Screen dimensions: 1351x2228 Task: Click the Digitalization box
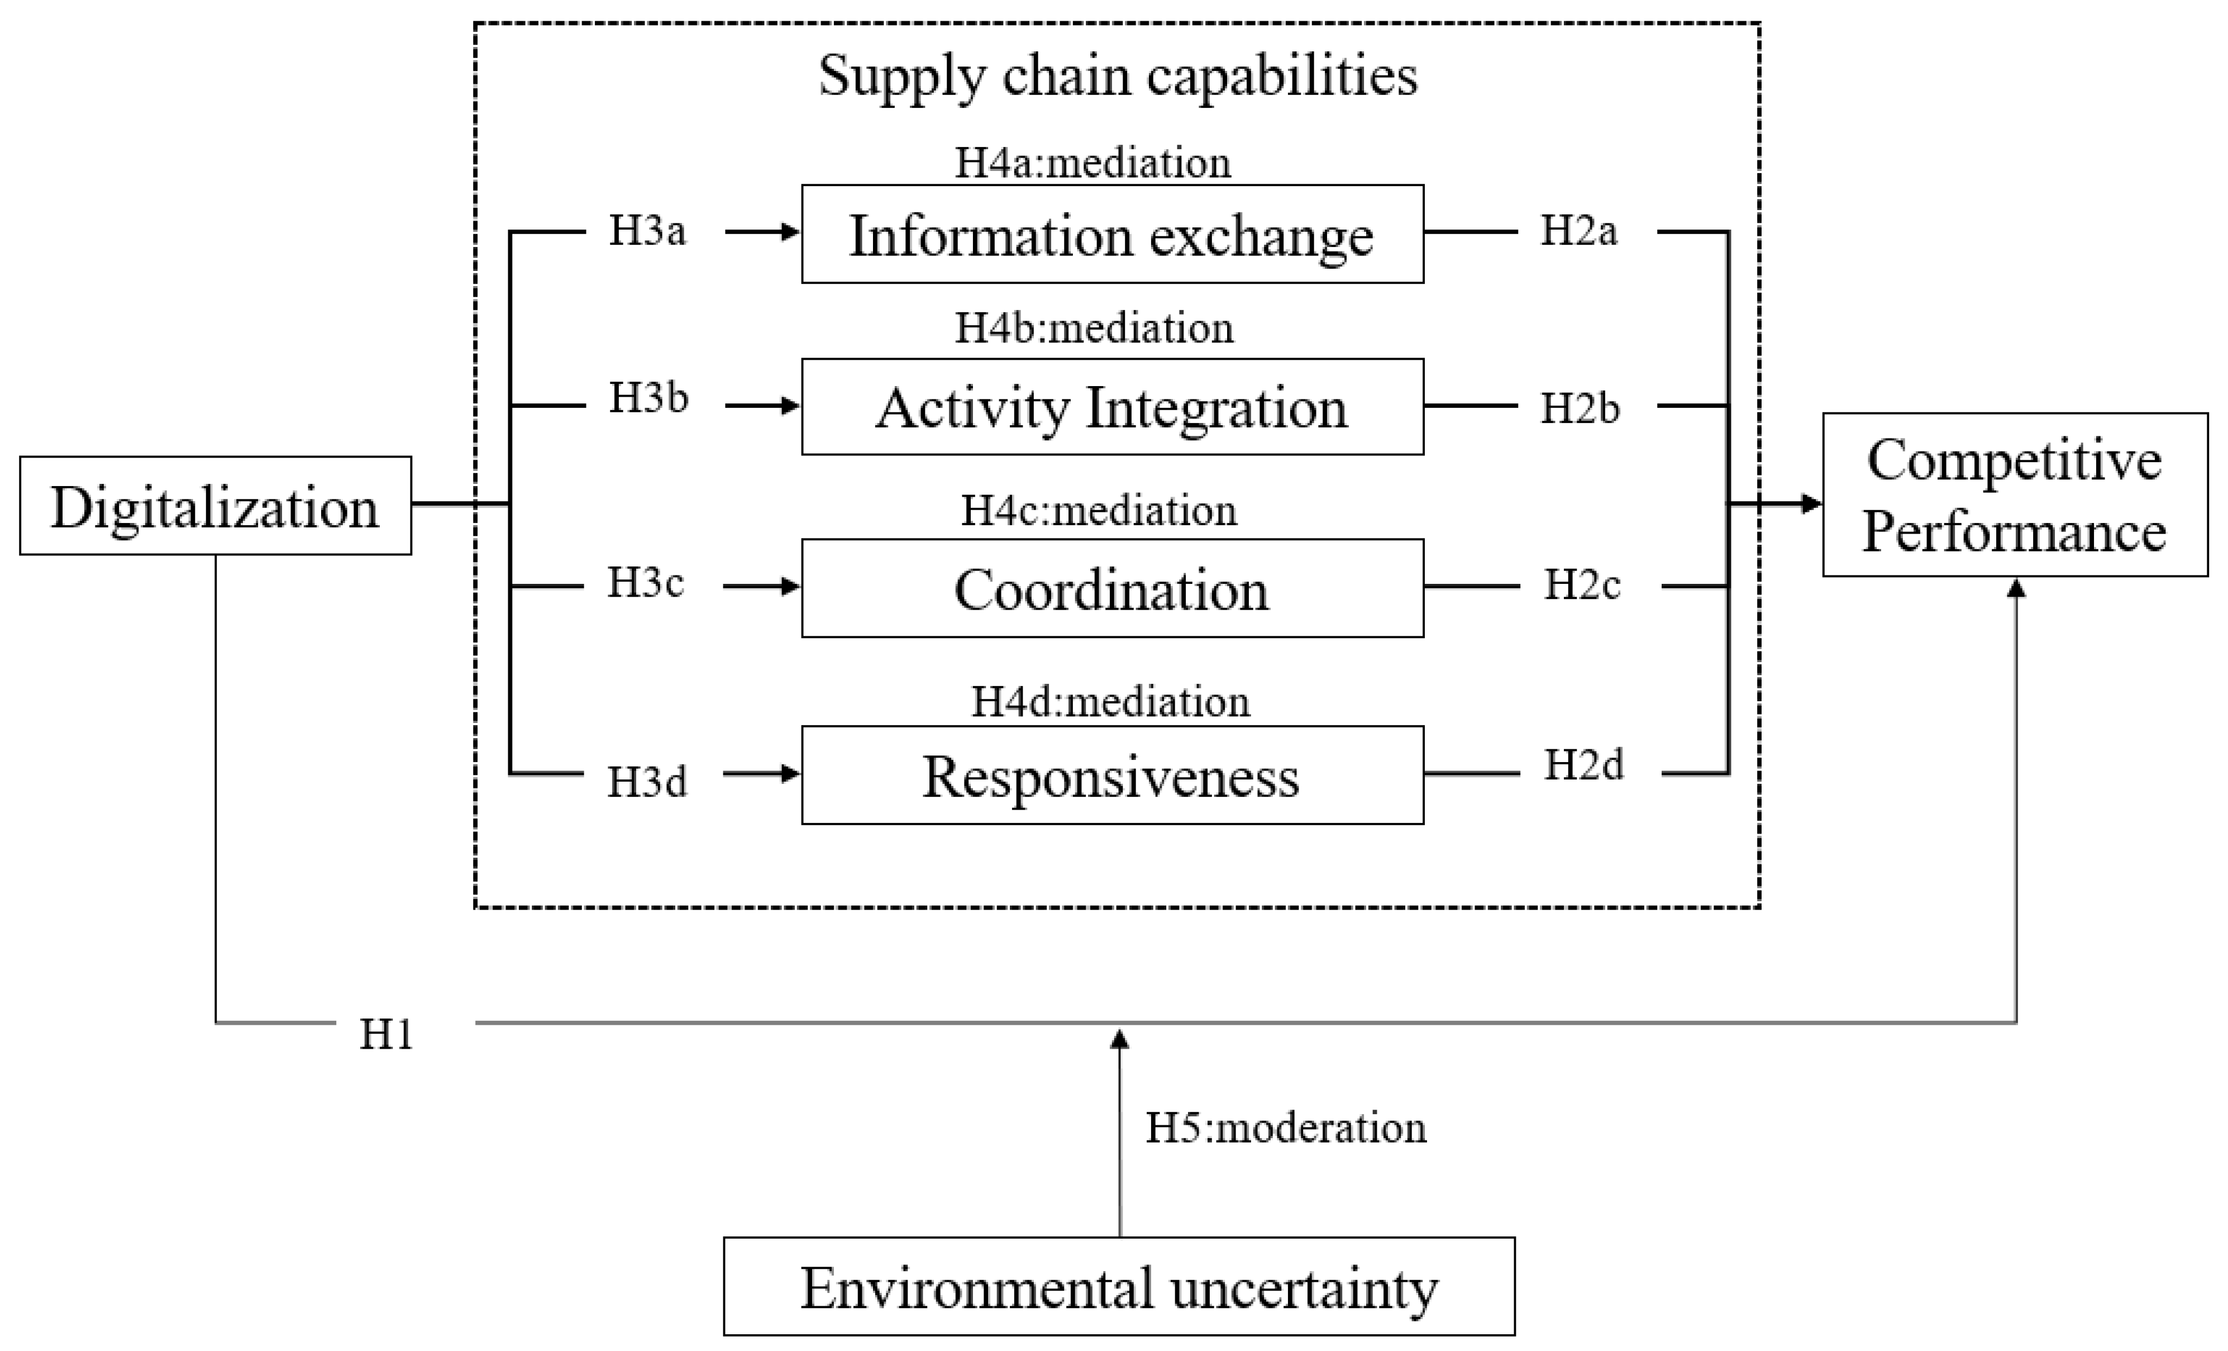[x=215, y=506]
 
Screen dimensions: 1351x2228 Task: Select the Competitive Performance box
[x=2015, y=494]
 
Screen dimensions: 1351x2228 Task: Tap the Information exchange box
[x=1112, y=234]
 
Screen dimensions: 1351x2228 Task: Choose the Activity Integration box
[x=1112, y=407]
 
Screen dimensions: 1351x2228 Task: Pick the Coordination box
[x=1112, y=589]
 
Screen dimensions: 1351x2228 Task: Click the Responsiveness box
[x=1112, y=775]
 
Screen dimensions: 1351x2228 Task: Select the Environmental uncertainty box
[x=1119, y=1287]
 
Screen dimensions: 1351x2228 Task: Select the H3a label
[x=647, y=231]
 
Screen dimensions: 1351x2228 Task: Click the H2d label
[x=1583, y=765]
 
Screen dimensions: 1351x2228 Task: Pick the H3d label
[x=647, y=781]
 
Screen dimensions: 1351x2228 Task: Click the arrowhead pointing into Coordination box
[x=791, y=587]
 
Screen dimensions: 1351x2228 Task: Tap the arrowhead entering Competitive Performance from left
[x=1811, y=503]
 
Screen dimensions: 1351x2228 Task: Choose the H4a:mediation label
[x=1093, y=163]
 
